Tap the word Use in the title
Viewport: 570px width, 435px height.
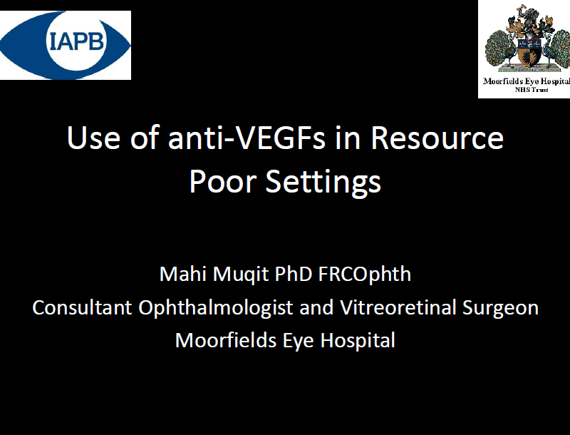click(x=94, y=138)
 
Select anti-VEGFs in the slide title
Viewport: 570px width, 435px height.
click(x=247, y=138)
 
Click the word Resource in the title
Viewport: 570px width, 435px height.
click(x=437, y=138)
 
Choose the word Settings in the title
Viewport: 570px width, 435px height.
click(x=323, y=183)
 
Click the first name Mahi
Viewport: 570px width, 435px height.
click(x=183, y=274)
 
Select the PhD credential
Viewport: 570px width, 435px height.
click(x=293, y=274)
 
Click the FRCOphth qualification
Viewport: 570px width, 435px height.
click(x=365, y=275)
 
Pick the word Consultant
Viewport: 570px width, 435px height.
click(x=82, y=307)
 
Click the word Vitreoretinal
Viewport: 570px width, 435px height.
click(x=398, y=307)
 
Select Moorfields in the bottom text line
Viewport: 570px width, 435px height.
click(x=226, y=340)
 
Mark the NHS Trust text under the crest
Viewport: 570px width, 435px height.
click(x=532, y=90)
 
